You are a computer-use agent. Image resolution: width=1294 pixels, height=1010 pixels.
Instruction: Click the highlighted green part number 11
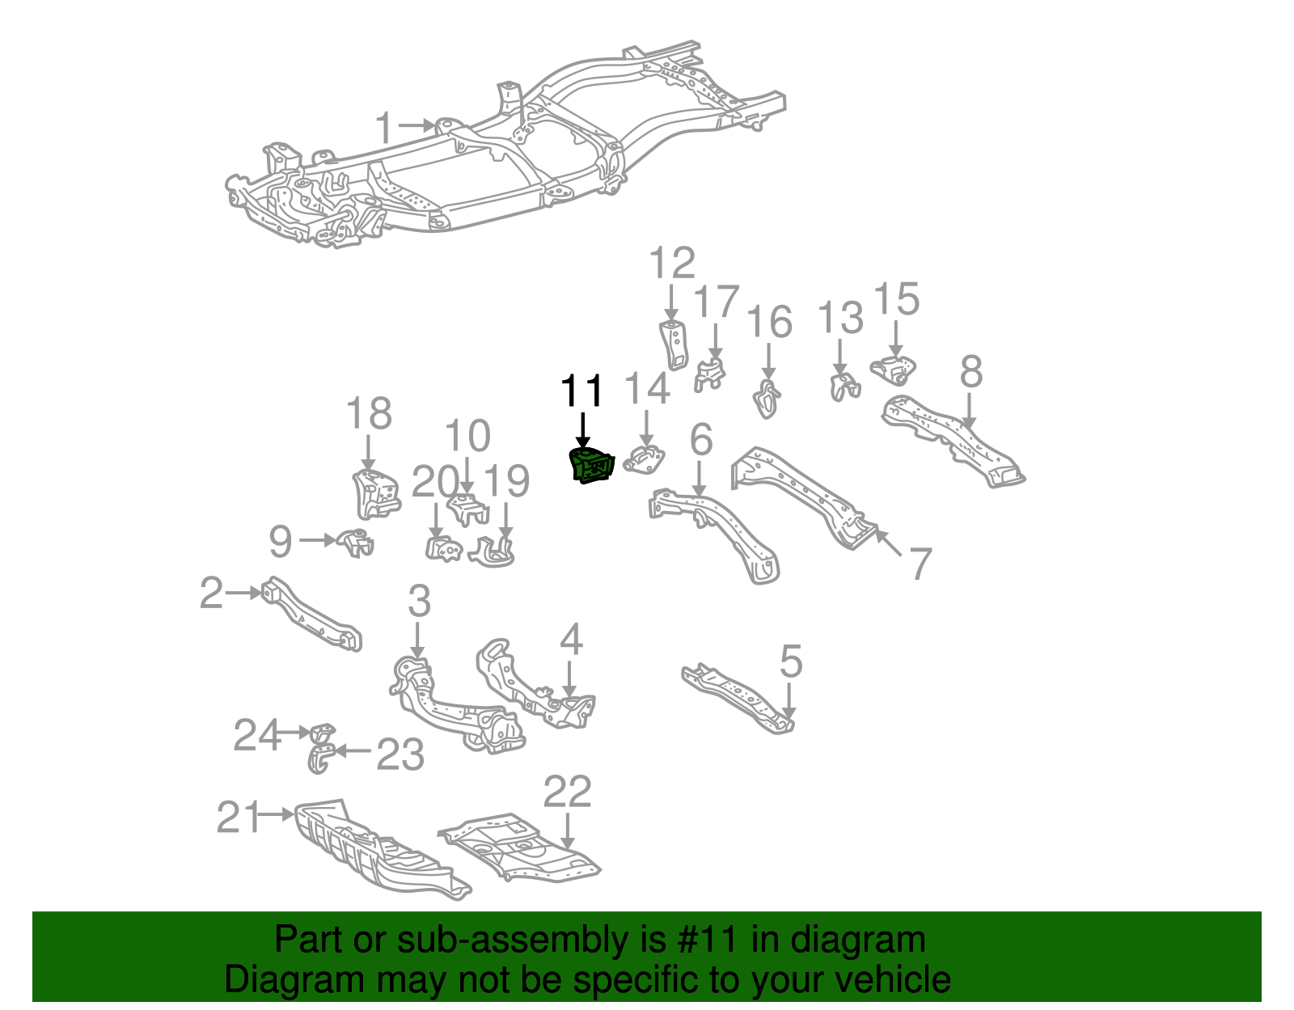click(x=593, y=467)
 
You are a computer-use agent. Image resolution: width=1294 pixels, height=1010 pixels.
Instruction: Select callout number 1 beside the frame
click(x=385, y=128)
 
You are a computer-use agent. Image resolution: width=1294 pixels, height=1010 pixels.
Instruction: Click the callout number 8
click(x=971, y=372)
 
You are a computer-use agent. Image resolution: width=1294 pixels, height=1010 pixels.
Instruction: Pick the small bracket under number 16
click(x=767, y=399)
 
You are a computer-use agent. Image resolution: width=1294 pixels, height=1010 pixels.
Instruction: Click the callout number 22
click(x=567, y=792)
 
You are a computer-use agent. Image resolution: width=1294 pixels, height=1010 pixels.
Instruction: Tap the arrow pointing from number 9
click(x=317, y=539)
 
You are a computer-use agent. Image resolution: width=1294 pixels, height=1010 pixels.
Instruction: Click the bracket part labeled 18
click(x=374, y=492)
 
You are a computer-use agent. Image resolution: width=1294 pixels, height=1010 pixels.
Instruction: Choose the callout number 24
click(x=256, y=736)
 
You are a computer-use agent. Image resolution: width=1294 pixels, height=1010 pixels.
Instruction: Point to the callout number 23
click(x=400, y=754)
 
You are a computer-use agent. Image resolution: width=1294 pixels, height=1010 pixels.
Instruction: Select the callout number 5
click(x=790, y=661)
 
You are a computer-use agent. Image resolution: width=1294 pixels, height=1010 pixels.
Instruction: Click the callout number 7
click(x=920, y=563)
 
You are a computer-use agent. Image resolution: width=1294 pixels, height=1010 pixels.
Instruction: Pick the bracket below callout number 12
click(x=674, y=344)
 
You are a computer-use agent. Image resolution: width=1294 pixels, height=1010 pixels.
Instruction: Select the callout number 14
click(x=647, y=388)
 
